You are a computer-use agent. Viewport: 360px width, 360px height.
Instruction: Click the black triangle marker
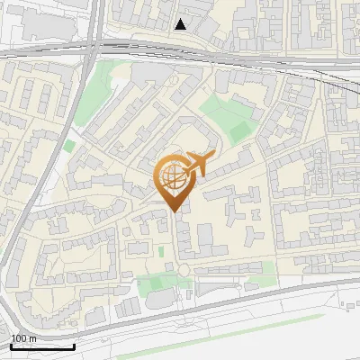(181, 24)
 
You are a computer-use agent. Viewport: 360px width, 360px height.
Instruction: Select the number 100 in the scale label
(19, 338)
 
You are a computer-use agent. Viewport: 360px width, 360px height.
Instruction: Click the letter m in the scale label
(33, 338)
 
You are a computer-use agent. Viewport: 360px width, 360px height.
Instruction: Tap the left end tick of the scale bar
(11, 346)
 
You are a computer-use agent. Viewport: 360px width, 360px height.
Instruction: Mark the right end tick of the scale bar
(75, 346)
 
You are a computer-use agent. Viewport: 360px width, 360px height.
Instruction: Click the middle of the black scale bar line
(42, 347)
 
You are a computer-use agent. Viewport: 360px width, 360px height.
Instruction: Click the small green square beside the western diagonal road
(69, 145)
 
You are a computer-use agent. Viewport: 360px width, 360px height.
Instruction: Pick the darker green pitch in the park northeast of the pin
(239, 131)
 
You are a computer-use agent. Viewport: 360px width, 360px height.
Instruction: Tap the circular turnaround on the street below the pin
(183, 270)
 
